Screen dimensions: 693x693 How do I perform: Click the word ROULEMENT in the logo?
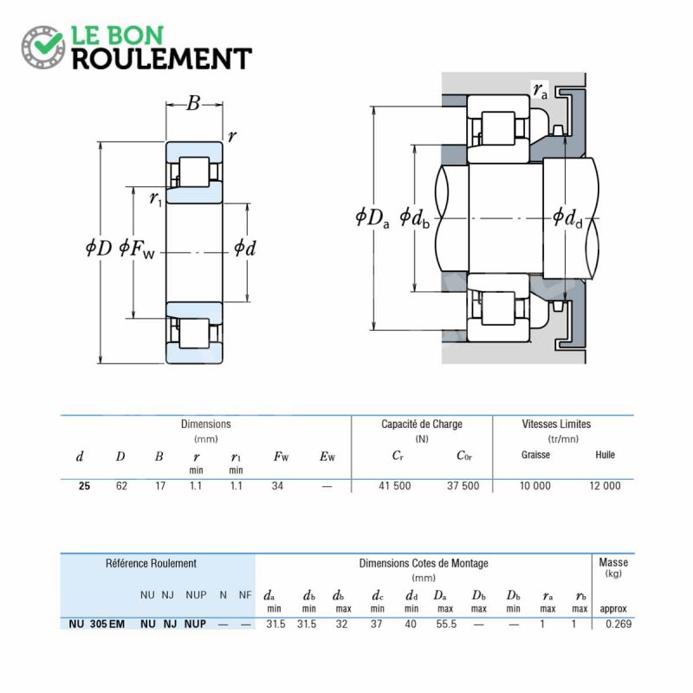tap(162, 59)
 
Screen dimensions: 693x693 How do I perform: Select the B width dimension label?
tap(193, 103)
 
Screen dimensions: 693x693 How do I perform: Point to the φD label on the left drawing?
tap(99, 248)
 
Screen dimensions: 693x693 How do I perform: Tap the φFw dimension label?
tap(137, 249)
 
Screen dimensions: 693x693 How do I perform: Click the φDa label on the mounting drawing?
tap(372, 217)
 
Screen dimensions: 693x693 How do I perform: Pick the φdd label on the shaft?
tap(567, 217)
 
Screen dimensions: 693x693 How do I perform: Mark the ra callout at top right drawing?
tap(540, 90)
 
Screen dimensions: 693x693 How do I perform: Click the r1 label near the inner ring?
tap(156, 198)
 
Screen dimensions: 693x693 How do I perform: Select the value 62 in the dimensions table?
tap(121, 486)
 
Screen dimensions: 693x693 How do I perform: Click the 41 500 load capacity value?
tap(395, 486)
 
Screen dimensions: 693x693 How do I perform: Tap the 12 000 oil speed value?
tap(605, 486)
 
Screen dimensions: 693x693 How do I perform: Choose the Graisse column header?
tap(535, 455)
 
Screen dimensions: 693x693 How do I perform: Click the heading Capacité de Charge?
tap(422, 424)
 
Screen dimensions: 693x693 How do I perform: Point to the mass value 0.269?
tap(619, 624)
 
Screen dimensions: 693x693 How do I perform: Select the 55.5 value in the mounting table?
tap(446, 624)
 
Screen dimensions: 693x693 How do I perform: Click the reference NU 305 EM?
tap(97, 624)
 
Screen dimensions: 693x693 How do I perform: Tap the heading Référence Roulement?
tap(151, 564)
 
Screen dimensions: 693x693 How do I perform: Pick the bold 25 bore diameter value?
tap(84, 486)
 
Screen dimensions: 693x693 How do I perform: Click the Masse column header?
tap(613, 562)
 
